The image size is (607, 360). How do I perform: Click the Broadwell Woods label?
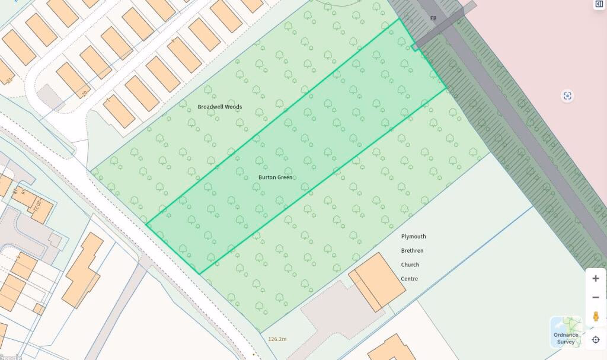(219, 107)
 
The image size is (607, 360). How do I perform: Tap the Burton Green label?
(275, 177)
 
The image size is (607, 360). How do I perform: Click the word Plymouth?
(413, 237)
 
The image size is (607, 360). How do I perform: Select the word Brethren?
(413, 251)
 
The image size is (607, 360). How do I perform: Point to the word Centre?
(409, 279)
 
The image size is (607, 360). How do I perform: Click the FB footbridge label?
(433, 18)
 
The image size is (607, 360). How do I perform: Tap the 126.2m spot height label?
(277, 339)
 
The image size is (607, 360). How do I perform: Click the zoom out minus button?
(595, 297)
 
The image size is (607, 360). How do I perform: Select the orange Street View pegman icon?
(595, 316)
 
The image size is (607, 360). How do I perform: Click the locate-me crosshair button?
(595, 340)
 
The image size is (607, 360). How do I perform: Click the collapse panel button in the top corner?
(599, 4)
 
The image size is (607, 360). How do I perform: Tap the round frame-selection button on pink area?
(567, 96)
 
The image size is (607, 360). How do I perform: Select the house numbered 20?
(73, 81)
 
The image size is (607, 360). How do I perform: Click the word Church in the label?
(410, 265)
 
